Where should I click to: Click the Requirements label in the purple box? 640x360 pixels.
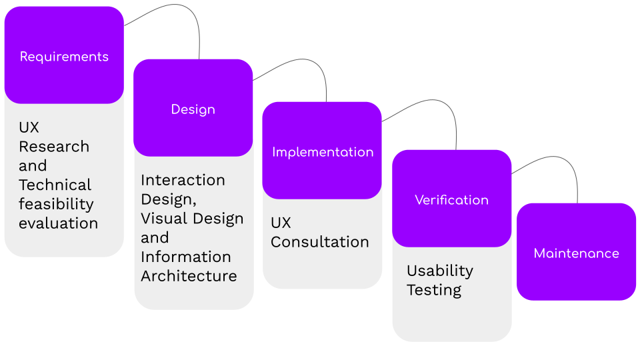point(64,57)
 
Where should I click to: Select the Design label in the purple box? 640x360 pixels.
point(193,109)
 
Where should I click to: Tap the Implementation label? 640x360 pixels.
point(323,152)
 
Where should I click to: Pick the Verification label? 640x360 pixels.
point(451,200)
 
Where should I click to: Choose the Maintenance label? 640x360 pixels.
point(576,253)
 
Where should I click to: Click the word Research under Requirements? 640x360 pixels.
point(54,147)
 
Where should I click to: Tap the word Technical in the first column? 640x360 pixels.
point(55,185)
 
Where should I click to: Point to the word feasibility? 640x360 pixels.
point(56,204)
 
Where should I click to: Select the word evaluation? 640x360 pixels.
point(58,223)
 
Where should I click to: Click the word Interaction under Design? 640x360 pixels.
point(183,180)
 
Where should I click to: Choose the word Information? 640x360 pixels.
point(185,257)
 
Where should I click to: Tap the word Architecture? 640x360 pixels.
point(189,276)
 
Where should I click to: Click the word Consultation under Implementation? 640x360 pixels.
point(319,242)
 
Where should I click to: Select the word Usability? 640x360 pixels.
point(439,271)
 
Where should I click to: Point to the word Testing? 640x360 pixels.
point(434,290)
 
